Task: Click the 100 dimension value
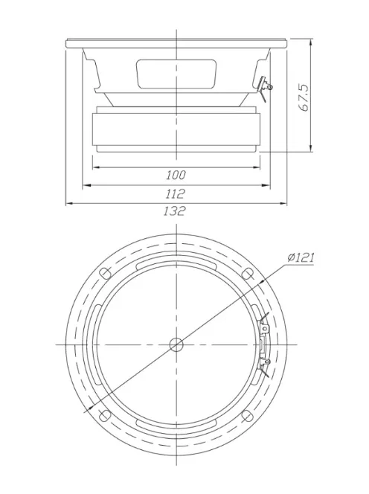[x=176, y=175]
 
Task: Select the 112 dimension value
[x=176, y=193]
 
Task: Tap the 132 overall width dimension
[x=176, y=211]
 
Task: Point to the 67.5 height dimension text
[x=304, y=97]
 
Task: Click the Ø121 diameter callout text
[x=299, y=258]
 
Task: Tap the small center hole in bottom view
[x=176, y=344]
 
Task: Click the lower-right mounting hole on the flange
[x=247, y=414]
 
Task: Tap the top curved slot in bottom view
[x=176, y=263]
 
